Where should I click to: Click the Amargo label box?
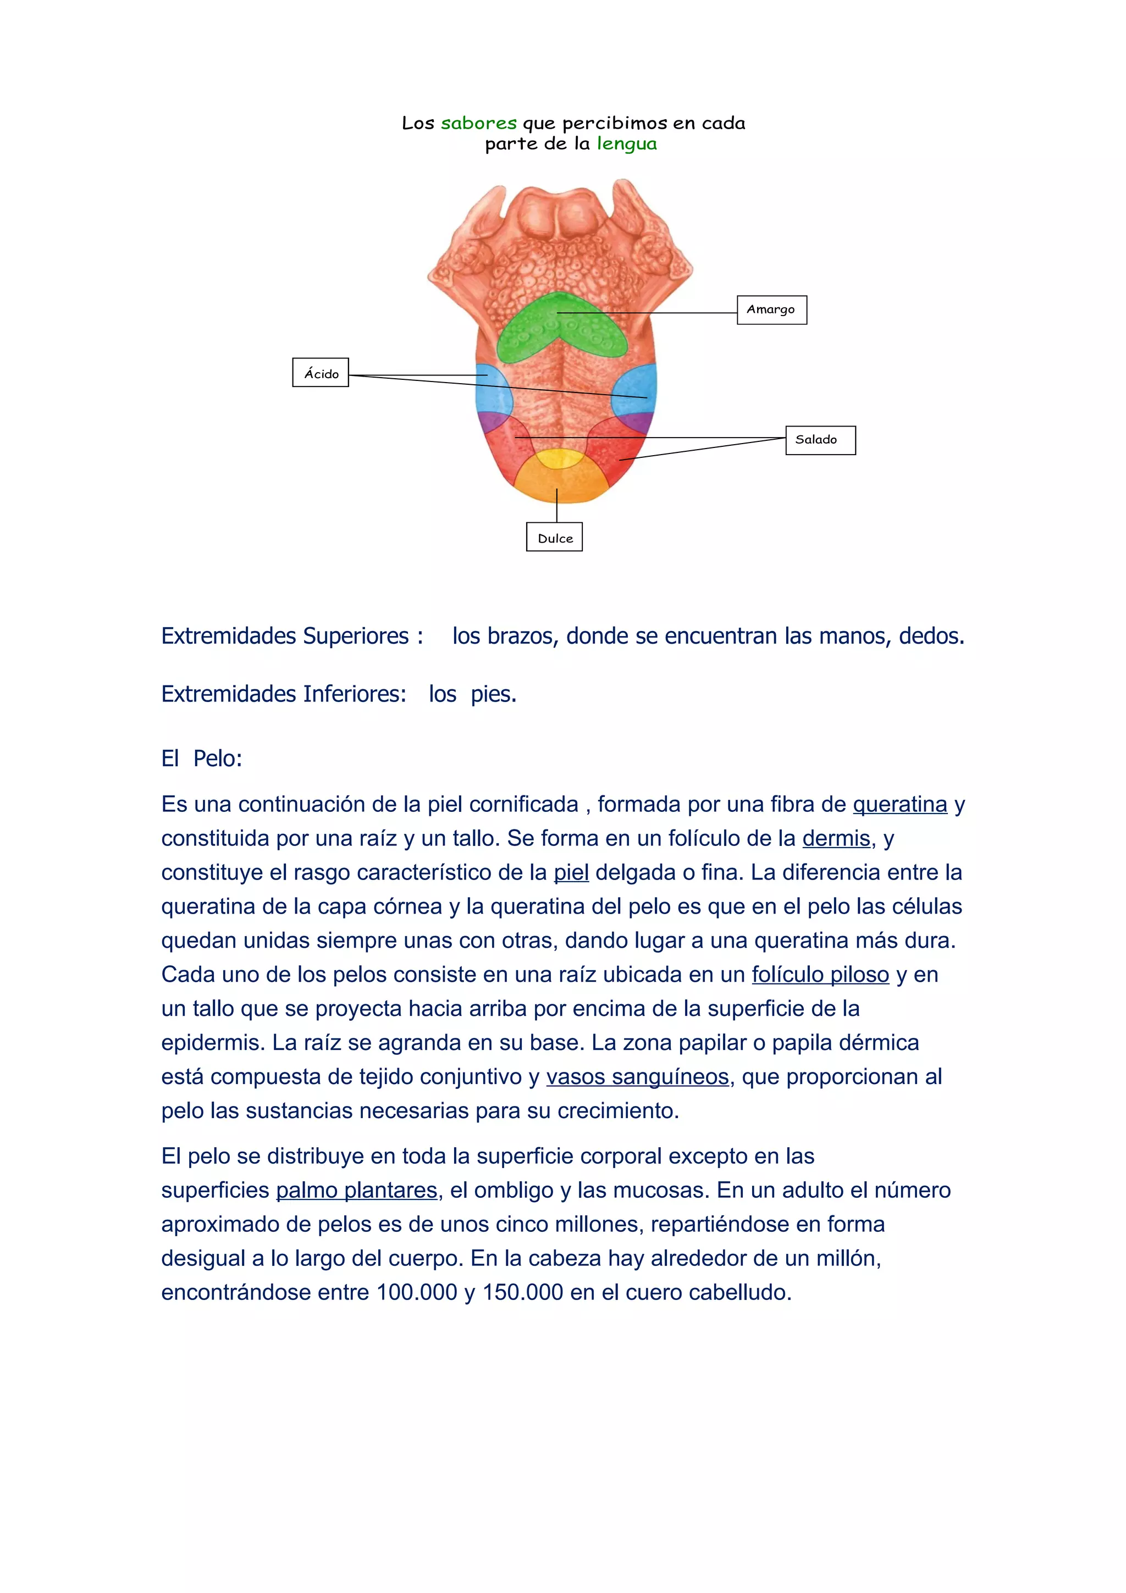click(x=771, y=309)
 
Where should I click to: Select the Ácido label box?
click(x=321, y=373)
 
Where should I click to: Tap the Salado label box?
click(x=820, y=440)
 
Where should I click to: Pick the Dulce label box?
click(x=554, y=538)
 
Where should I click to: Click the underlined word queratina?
click(x=900, y=804)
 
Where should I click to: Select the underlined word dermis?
click(x=836, y=838)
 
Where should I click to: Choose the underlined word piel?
click(x=571, y=872)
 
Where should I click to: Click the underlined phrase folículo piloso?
click(x=820, y=974)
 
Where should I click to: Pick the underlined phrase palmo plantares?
click(x=357, y=1190)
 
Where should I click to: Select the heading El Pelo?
click(x=202, y=759)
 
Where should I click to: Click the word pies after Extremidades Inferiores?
click(x=493, y=694)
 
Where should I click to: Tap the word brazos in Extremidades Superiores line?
click(x=521, y=635)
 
